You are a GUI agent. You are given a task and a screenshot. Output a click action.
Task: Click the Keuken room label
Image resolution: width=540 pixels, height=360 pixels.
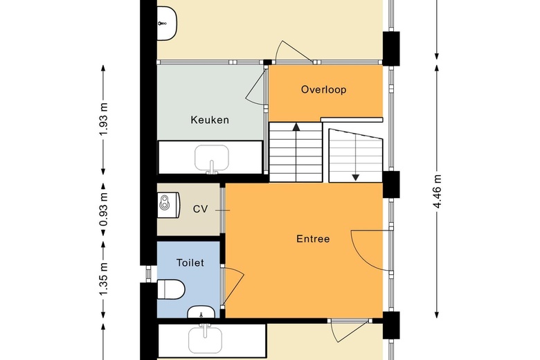tap(209, 120)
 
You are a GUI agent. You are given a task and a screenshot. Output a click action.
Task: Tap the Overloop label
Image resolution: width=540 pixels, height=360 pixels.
tap(324, 89)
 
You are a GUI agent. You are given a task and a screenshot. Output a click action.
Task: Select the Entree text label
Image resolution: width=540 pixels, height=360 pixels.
tap(313, 239)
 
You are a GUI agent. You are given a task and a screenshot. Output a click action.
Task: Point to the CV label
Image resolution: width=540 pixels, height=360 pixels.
tap(201, 209)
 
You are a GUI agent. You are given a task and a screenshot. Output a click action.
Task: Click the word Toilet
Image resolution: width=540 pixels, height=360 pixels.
tap(190, 263)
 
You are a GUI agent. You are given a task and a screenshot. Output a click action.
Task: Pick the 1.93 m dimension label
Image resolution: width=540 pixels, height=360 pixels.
tap(104, 119)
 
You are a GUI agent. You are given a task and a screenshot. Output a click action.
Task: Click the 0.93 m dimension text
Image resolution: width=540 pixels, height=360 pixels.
tap(104, 209)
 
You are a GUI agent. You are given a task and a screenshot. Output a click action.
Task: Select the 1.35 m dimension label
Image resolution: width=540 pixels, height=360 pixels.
tap(104, 279)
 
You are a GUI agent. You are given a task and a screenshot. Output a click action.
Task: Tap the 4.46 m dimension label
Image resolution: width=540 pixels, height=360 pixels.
tap(437, 192)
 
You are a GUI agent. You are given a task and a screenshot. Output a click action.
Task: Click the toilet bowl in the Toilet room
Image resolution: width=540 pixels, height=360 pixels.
tap(171, 289)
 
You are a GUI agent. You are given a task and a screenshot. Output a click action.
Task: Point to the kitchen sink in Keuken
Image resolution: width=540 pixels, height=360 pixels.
tap(211, 159)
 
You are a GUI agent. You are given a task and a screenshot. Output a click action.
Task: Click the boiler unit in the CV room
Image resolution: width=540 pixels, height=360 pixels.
tap(169, 206)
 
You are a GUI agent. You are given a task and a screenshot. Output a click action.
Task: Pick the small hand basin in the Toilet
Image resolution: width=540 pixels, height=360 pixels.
tap(201, 312)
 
